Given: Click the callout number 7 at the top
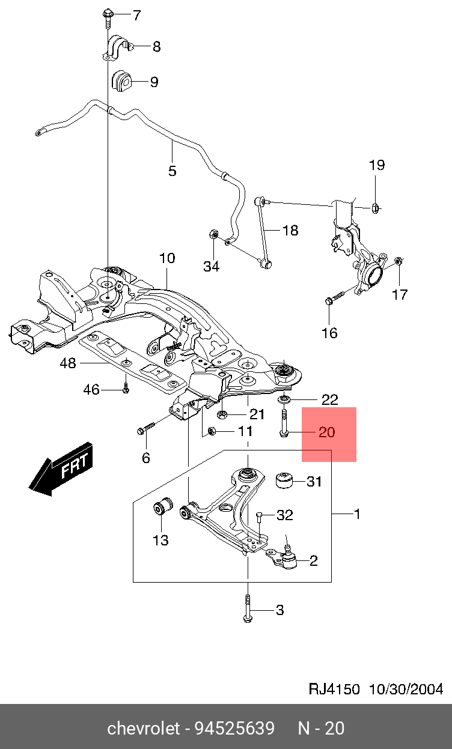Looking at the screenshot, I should point(137,16).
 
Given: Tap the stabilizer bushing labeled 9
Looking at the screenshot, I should point(122,81).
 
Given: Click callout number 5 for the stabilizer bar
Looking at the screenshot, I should point(173,171).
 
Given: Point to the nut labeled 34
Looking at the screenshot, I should point(212,234).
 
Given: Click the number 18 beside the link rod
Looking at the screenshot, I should point(290,230).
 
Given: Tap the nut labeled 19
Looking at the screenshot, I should point(374,208).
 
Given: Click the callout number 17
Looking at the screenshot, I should point(400,294).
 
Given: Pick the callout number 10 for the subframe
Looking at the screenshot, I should point(167,258).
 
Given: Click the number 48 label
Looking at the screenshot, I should point(68,363).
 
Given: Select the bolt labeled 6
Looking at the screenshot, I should point(146,429).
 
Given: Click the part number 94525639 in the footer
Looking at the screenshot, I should point(234,729).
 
